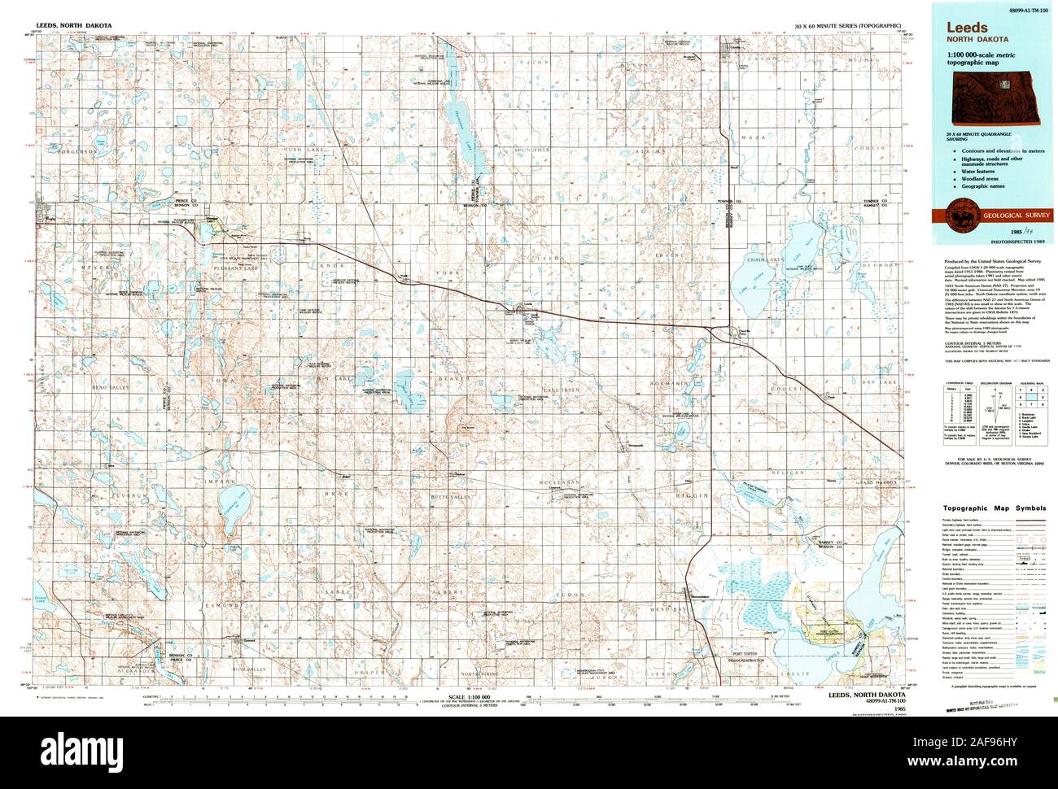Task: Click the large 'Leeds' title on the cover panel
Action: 961,27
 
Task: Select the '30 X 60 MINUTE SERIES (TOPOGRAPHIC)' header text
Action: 847,27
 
